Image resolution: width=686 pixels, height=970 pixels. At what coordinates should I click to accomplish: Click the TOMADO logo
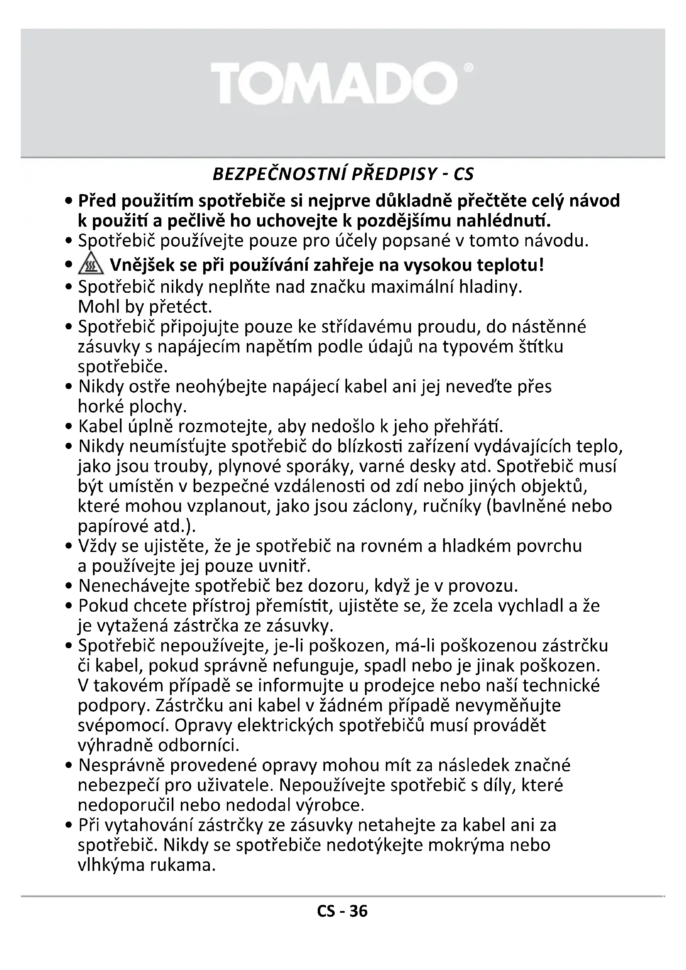coord(334,83)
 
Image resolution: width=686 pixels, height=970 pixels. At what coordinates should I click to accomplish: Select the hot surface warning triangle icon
coord(90,266)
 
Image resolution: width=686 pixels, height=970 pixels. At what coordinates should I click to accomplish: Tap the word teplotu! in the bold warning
coord(510,266)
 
